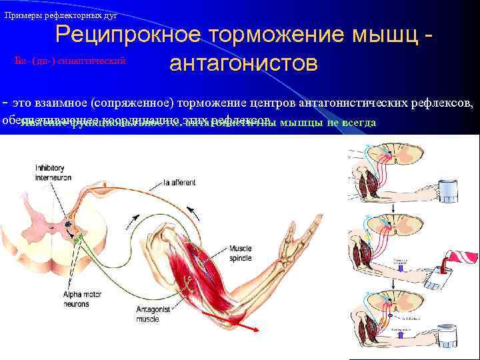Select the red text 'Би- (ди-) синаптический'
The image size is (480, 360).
pos(71,61)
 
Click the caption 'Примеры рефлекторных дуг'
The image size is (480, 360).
pos(61,15)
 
